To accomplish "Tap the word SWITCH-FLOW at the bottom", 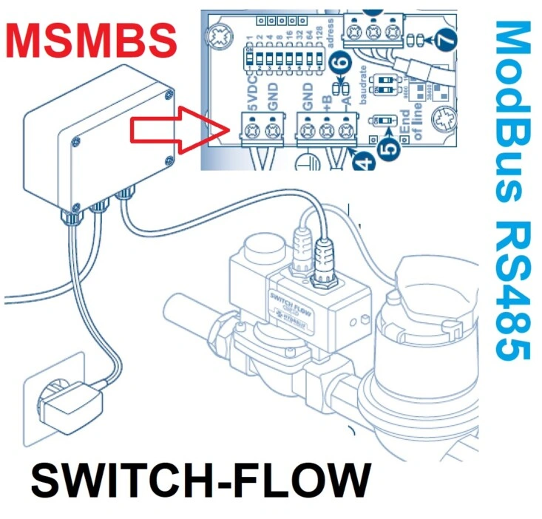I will pos(200,481).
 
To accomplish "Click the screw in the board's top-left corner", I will pos(220,34).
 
